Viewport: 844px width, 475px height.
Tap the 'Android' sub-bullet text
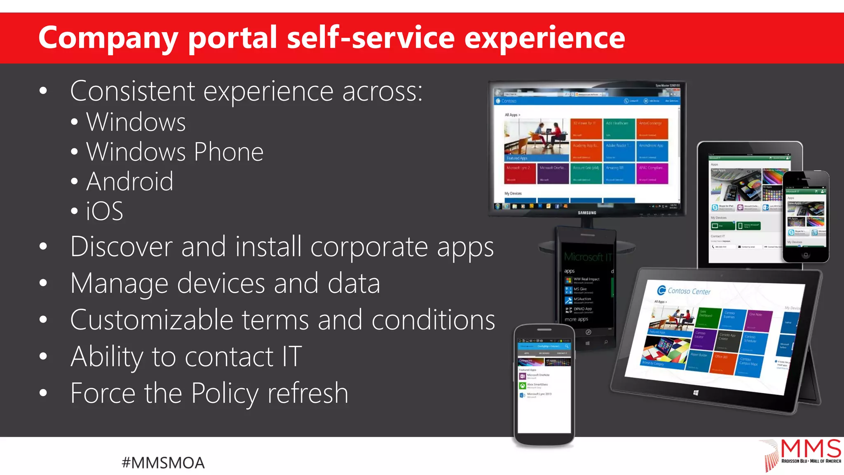tap(130, 181)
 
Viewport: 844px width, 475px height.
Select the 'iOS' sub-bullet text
tap(104, 212)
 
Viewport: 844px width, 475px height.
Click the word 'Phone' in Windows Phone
tap(228, 152)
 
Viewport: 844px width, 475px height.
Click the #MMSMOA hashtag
tap(163, 463)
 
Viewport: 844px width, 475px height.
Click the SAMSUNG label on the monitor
tap(587, 213)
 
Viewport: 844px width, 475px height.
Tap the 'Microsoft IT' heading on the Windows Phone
tap(587, 257)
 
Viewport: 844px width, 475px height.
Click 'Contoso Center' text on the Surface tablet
tap(689, 291)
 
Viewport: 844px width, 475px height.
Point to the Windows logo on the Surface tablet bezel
tap(696, 393)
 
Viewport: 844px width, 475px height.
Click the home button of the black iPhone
tap(806, 255)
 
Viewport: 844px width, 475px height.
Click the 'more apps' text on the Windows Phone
tap(576, 319)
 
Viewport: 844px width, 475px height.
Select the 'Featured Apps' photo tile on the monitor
tap(536, 140)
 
